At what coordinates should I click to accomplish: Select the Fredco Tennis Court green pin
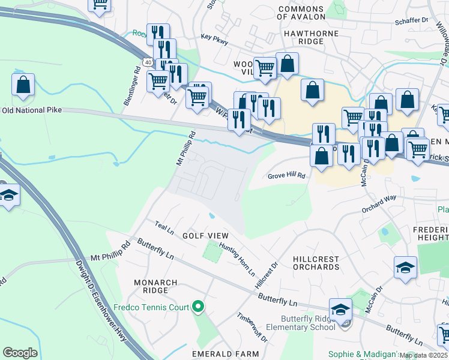[x=199, y=308]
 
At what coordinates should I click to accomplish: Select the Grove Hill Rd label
[x=286, y=176]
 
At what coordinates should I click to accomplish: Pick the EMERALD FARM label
[x=216, y=353]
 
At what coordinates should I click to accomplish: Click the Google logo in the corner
[x=20, y=353]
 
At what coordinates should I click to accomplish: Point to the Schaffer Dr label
[x=411, y=20]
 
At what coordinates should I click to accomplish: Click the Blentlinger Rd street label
[x=132, y=86]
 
